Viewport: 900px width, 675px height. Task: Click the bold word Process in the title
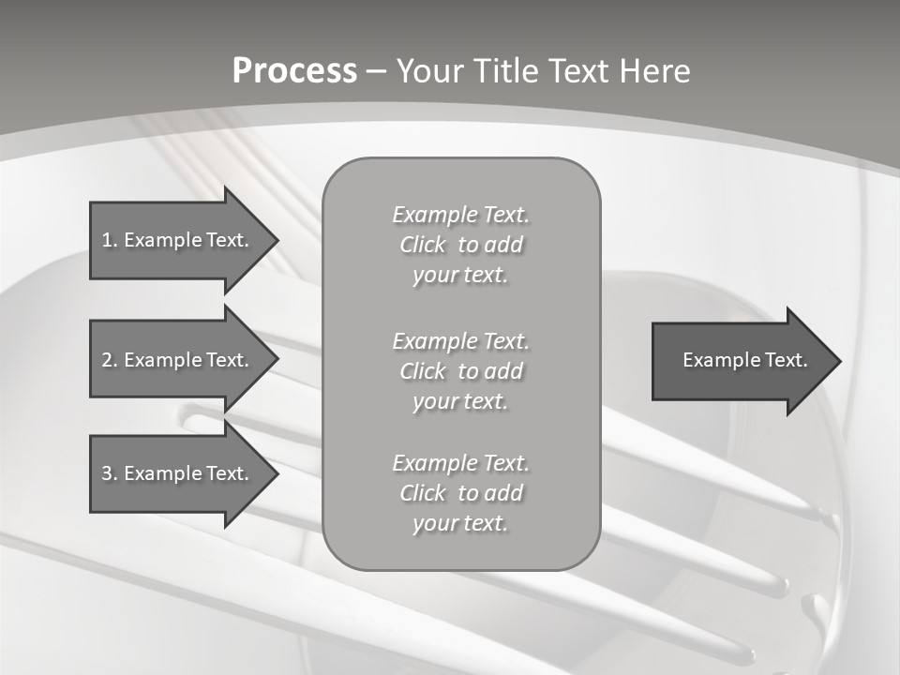click(x=294, y=71)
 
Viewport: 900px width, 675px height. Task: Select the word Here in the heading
click(x=653, y=71)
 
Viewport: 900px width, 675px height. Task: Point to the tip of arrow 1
click(x=277, y=240)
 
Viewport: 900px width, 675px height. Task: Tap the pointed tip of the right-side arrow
click(x=839, y=361)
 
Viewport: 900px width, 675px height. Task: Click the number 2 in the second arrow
click(x=107, y=360)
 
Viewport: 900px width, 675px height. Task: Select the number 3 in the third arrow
click(x=107, y=473)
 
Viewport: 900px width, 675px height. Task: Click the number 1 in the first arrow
click(x=107, y=240)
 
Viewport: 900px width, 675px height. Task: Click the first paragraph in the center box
click(x=460, y=245)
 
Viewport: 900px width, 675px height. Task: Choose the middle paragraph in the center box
click(x=460, y=371)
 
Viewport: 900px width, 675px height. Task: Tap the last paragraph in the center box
click(x=460, y=493)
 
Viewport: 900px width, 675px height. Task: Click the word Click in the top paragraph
click(x=423, y=245)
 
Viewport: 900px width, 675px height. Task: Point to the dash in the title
click(x=376, y=71)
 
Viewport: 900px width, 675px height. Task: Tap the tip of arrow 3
click(x=277, y=473)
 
